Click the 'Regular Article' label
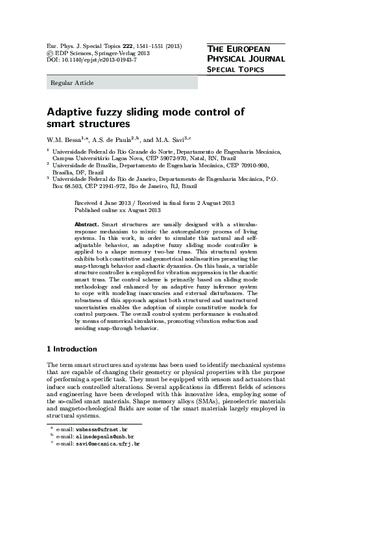(x=72, y=83)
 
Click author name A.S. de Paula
(x=113, y=139)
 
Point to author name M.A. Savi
(x=171, y=139)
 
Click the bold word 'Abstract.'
(x=87, y=223)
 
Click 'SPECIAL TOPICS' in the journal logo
(x=235, y=69)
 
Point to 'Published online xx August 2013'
(x=117, y=211)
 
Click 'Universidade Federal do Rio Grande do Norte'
(x=113, y=150)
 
